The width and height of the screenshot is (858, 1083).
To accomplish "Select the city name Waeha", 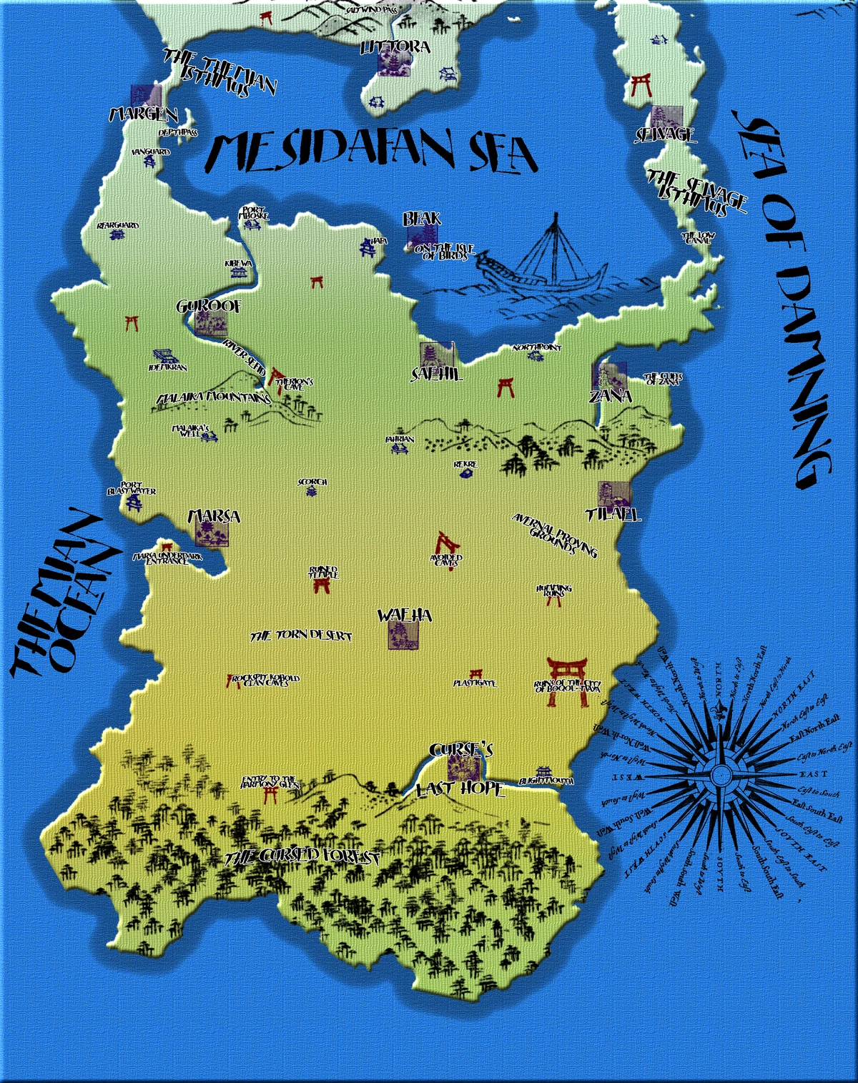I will pyautogui.click(x=405, y=615).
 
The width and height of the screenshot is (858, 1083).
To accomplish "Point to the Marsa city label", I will pyautogui.click(x=213, y=516).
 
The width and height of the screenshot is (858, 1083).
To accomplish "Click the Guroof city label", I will pyautogui.click(x=209, y=307).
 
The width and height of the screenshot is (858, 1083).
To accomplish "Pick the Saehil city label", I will pyautogui.click(x=436, y=374).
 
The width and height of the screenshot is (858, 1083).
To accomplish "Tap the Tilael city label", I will pyautogui.click(x=613, y=514).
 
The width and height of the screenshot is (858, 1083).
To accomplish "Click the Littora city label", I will pyautogui.click(x=395, y=47).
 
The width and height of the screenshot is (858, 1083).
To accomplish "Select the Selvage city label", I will pyautogui.click(x=666, y=134).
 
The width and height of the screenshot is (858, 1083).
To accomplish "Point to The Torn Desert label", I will pyautogui.click(x=300, y=635).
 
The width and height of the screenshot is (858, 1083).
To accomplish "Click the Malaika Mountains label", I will pyautogui.click(x=212, y=397).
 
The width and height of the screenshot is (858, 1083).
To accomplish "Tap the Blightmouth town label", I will pyautogui.click(x=546, y=781).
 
